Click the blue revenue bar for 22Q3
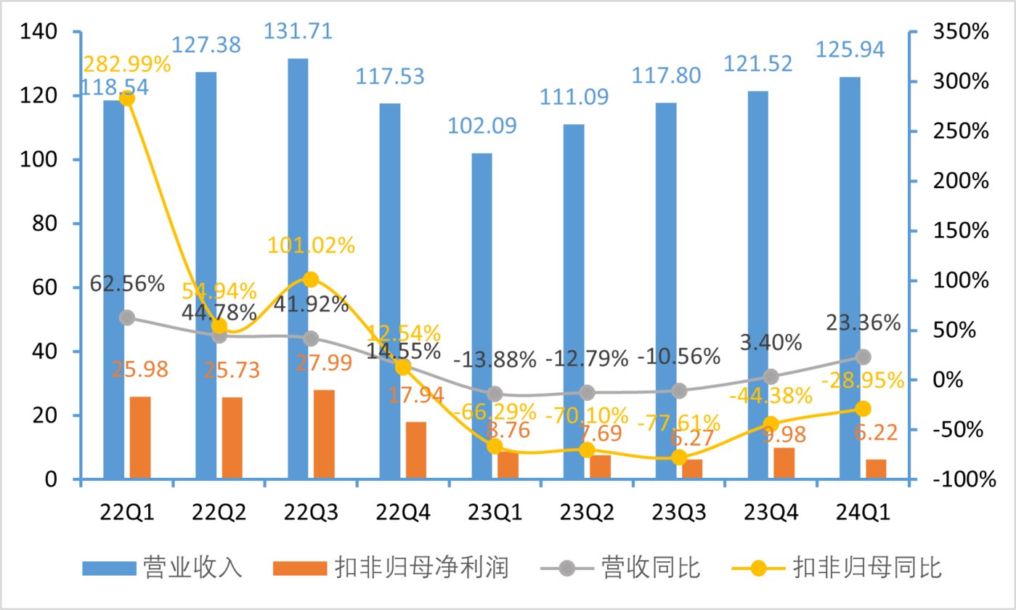pyautogui.click(x=297, y=269)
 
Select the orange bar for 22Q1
pyautogui.click(x=140, y=438)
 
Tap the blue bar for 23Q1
pyautogui.click(x=481, y=316)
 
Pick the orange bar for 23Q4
pyautogui.click(x=784, y=463)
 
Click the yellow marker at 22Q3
pyautogui.click(x=311, y=280)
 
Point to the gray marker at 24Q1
pyautogui.click(x=863, y=357)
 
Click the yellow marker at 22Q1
pyautogui.click(x=126, y=98)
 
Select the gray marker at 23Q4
pyautogui.click(x=771, y=376)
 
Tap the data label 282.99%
pyautogui.click(x=127, y=64)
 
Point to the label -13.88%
pyautogui.click(x=495, y=359)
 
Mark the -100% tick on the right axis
pyautogui.click(x=960, y=479)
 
